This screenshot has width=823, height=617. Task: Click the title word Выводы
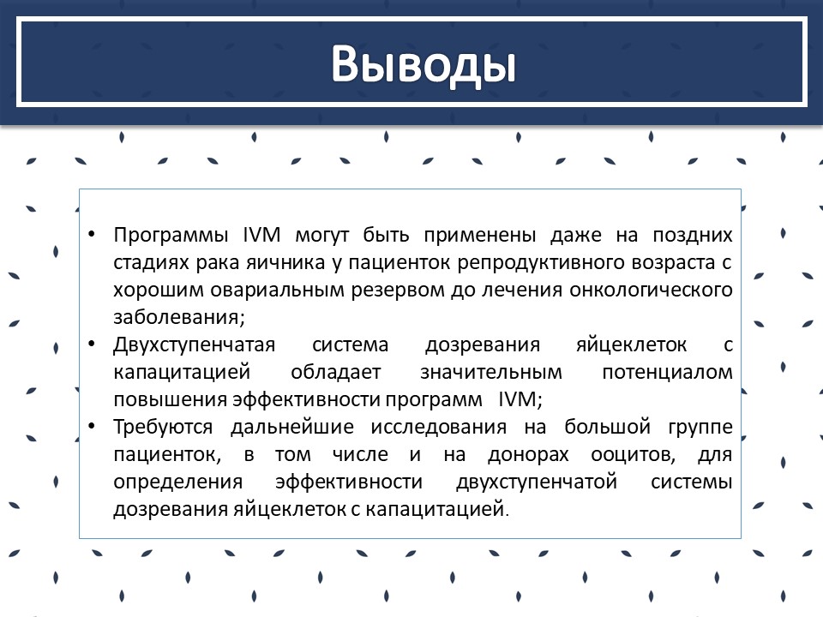[x=423, y=64]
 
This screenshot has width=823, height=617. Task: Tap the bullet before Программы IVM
[x=92, y=234]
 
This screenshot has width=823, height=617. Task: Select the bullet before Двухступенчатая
[x=92, y=344]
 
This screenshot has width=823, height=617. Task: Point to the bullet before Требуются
[x=92, y=426]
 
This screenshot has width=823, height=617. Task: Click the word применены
[x=480, y=235]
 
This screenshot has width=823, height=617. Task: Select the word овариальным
[x=277, y=291]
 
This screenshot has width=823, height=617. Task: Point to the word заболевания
[x=177, y=317]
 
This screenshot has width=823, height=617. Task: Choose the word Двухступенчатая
[x=195, y=345]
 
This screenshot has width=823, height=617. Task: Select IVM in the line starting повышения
[x=517, y=399]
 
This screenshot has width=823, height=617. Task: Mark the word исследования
[x=439, y=427]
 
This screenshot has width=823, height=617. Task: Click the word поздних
[x=693, y=235]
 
